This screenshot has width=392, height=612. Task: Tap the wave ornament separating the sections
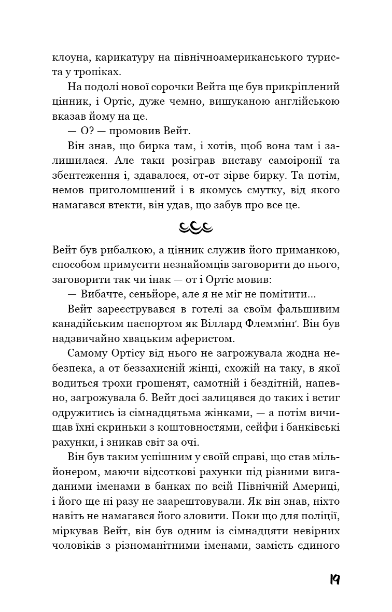(x=196, y=226)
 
